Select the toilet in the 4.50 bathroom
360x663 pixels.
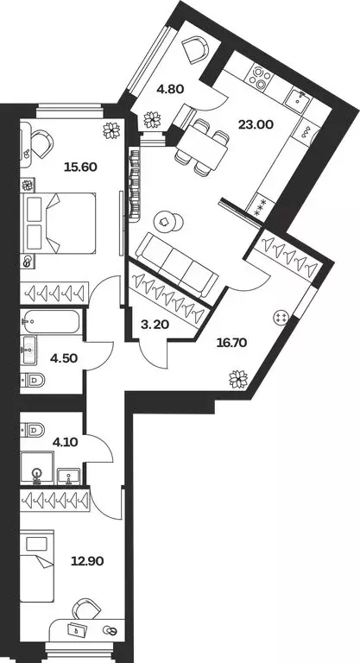pyautogui.click(x=35, y=380)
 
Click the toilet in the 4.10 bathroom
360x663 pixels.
pyautogui.click(x=35, y=427)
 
